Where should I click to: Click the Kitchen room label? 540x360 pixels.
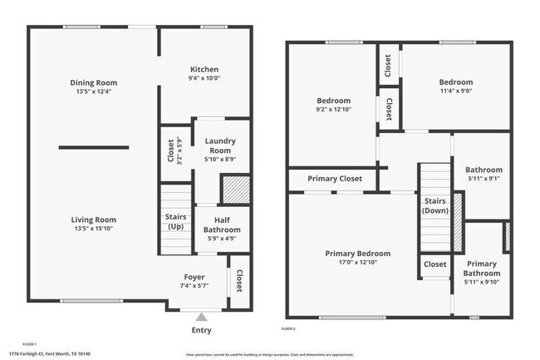204,69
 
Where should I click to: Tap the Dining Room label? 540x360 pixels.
93,82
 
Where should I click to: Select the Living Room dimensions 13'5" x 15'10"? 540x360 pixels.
93,228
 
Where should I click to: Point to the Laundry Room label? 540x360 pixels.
220,145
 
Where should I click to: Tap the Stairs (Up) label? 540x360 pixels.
174,222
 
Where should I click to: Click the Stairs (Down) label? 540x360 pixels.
435,206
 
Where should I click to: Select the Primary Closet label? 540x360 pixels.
335,179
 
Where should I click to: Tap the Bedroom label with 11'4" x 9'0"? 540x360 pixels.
455,82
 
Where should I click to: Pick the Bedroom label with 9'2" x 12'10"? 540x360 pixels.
333,101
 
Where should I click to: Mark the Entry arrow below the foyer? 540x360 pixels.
201,317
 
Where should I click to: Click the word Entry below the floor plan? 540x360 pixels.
201,330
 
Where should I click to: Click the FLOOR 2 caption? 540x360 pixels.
288,330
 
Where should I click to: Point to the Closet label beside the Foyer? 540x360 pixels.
238,281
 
